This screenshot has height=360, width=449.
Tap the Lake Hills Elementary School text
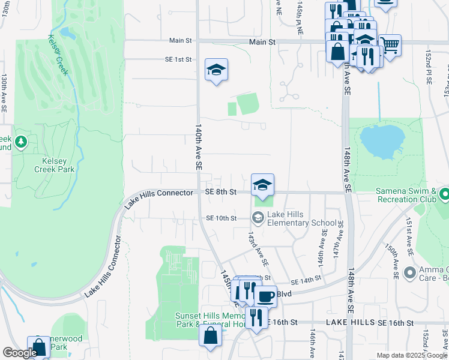point(302,218)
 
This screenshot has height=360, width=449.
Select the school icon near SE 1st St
point(216,70)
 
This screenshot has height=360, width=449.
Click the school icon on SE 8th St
point(262,185)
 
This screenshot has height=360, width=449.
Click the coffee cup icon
point(265,295)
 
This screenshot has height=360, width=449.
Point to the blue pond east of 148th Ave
point(381,142)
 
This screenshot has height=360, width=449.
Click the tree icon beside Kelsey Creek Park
point(22,142)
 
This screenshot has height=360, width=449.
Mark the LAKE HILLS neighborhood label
point(352,323)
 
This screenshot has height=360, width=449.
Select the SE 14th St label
point(306,281)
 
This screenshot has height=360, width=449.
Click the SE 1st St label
point(178,59)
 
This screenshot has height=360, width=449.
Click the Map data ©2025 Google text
point(411,355)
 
